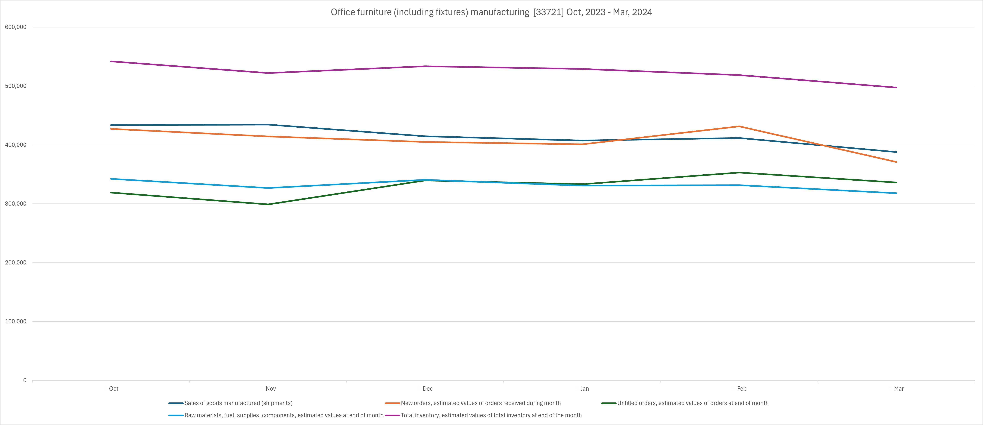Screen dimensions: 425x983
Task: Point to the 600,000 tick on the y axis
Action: (16, 27)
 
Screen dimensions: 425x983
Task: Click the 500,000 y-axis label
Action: (16, 86)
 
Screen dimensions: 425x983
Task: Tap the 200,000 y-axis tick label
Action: (16, 263)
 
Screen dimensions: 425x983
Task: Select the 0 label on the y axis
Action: (25, 380)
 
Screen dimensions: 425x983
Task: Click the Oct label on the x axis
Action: (114, 389)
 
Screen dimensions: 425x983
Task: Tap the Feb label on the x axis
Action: (741, 389)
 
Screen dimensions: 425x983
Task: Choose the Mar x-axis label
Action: (899, 389)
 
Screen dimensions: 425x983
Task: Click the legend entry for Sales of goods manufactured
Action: (238, 403)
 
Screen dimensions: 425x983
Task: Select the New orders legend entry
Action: (480, 403)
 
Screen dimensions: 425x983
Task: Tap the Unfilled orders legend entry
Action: (693, 403)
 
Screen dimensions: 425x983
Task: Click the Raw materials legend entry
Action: (283, 416)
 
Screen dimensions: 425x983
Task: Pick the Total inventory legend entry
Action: (491, 416)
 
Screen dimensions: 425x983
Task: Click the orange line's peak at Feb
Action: (739, 126)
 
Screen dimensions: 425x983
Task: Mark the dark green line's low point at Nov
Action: (268, 204)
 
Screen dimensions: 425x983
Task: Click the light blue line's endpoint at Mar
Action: (896, 193)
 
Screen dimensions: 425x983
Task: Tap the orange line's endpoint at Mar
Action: (896, 162)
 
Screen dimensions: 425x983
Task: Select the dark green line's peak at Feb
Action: (739, 173)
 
